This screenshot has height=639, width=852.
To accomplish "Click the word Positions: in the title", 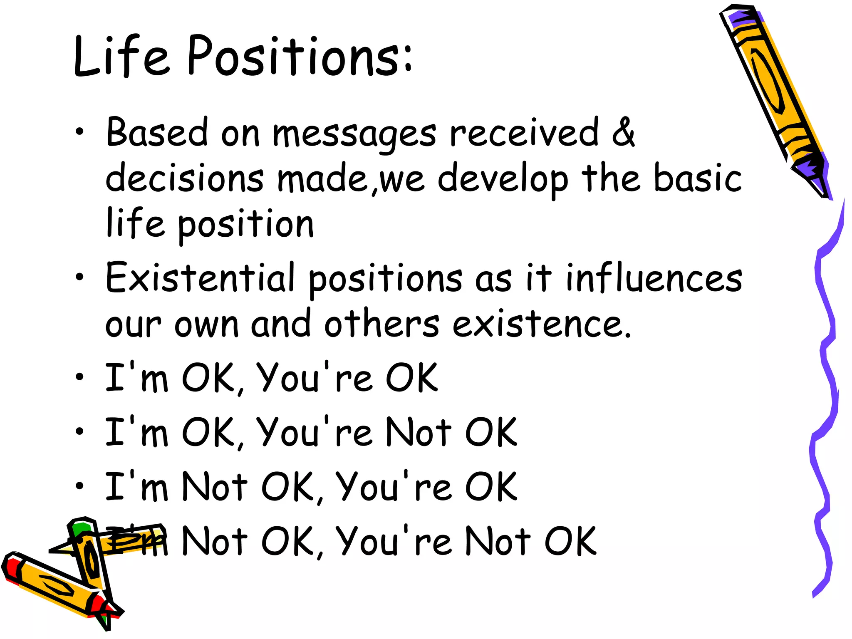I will coord(300,56).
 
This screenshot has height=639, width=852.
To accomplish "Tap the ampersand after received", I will coord(623,132).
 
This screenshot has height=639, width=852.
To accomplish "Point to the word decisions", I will coord(184,178).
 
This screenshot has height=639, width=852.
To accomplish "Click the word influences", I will coord(654,277).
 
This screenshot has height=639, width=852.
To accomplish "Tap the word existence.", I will coord(541,324).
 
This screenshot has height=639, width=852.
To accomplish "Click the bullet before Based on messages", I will coord(79,132).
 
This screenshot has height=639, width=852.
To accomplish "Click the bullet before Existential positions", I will coord(79,277).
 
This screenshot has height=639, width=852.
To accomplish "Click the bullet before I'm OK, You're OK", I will coord(79,377).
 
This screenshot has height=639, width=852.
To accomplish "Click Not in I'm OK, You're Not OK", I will coord(418,432).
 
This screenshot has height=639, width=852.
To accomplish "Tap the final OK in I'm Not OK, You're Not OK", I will coord(570,541).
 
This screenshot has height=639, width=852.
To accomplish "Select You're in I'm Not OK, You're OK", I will coord(393,487).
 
